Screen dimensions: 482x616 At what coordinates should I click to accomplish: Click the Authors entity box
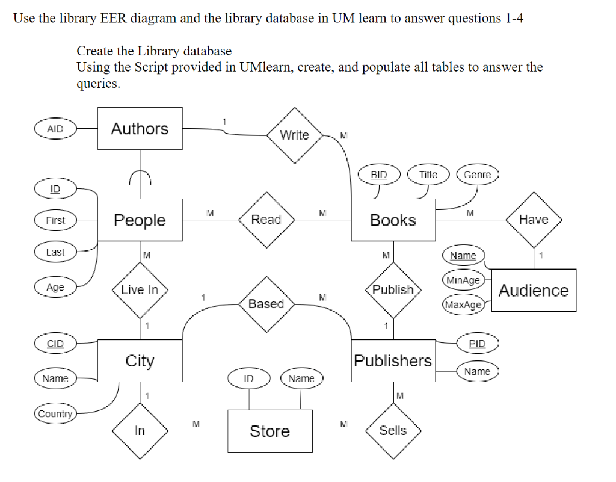[x=140, y=128]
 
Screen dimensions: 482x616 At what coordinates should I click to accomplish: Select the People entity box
[x=140, y=220]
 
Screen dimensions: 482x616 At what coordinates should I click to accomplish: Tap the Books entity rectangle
[x=393, y=220]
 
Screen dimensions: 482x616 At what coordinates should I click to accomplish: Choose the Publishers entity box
[x=393, y=360]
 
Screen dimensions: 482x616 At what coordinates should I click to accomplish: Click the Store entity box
[x=269, y=431]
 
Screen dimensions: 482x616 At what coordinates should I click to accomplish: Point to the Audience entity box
[x=534, y=291]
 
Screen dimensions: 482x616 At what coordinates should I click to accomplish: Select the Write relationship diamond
[x=294, y=135]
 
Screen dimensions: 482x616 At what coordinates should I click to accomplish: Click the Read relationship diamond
[x=266, y=220]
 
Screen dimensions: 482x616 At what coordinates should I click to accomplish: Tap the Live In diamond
[x=140, y=290]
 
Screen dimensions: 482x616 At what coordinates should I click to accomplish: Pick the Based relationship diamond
[x=266, y=304]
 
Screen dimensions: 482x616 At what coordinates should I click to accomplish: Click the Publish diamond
[x=393, y=290]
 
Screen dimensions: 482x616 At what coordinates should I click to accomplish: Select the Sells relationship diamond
[x=393, y=431]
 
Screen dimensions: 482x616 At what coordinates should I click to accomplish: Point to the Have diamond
[x=534, y=220]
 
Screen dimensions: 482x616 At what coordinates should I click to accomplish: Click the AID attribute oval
[x=55, y=129]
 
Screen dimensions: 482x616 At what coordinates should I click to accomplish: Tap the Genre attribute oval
[x=478, y=175]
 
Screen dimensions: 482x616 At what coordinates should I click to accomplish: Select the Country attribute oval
[x=55, y=414]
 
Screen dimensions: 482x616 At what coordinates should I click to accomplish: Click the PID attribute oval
[x=477, y=344]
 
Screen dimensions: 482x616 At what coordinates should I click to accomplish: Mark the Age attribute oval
[x=55, y=288]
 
